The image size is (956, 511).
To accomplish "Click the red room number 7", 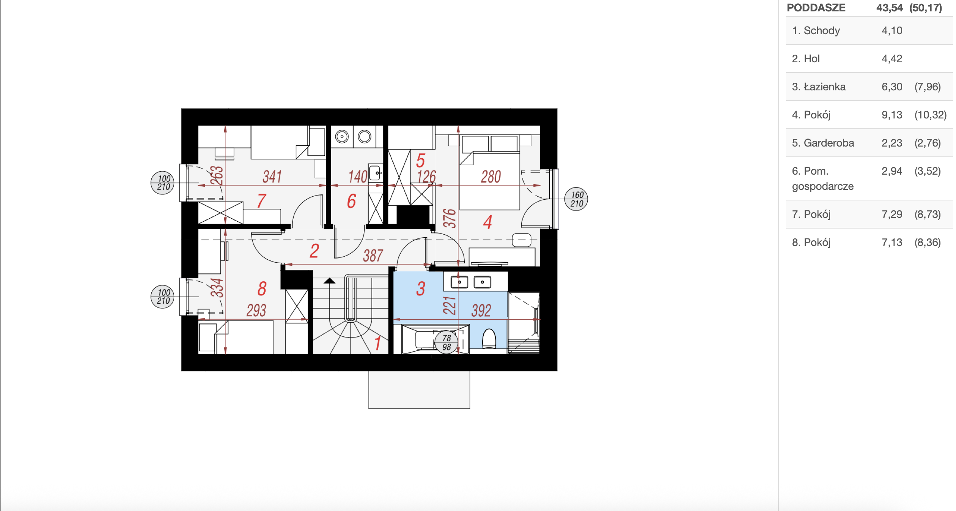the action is point(262,201).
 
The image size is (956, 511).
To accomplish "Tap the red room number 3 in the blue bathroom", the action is point(421,289).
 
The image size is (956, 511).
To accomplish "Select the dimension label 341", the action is point(272,177).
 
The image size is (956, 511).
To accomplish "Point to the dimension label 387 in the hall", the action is point(373,255).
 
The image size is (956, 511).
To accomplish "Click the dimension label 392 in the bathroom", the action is point(481,311).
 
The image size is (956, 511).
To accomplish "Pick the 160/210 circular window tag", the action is point(576,199).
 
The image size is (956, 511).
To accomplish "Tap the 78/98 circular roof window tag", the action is point(447,342).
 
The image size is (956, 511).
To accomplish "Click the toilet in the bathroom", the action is point(489,338).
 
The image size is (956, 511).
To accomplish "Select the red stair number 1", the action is point(377,343).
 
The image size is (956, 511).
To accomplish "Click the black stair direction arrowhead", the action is point(329,281).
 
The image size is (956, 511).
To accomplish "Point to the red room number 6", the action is point(352,201).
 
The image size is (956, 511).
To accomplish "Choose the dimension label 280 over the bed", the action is point(491,177).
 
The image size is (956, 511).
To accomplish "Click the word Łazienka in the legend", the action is point(824,87).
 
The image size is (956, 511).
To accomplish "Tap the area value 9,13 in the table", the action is point(892,115).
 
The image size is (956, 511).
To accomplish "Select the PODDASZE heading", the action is point(816,8).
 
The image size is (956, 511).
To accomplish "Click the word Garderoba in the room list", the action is point(829,143).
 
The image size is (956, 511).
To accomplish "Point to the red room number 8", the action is point(262,289).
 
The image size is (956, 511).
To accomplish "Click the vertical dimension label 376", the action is point(450,218).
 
